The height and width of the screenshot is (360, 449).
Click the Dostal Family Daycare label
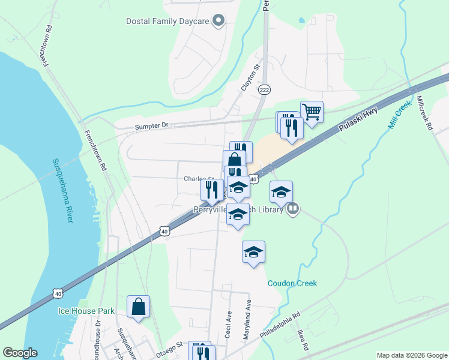tap(167, 22)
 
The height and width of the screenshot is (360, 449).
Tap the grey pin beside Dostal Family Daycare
tap(219, 22)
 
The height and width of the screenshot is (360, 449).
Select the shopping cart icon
tap(312, 111)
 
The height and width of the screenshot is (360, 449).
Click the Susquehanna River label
tap(62, 191)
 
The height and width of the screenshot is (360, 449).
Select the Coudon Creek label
tap(292, 283)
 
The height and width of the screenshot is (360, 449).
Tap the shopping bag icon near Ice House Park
tap(139, 307)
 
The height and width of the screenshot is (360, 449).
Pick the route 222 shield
tap(264, 89)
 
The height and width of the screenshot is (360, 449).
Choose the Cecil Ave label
tap(228, 324)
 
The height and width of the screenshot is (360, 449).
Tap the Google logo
tap(20, 353)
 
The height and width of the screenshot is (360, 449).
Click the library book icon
tap(293, 209)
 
